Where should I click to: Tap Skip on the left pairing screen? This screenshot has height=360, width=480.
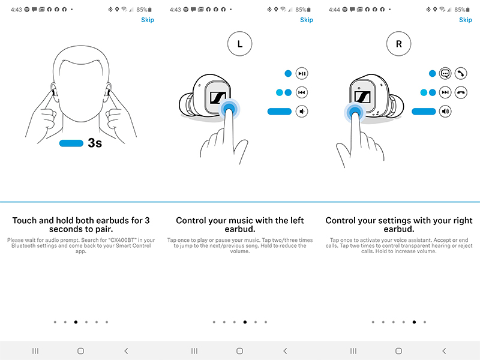(x=147, y=20)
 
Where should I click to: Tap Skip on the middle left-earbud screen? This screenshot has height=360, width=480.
(x=307, y=20)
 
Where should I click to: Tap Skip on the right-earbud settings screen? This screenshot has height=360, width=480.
(x=466, y=20)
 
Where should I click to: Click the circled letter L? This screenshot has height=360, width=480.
(x=240, y=44)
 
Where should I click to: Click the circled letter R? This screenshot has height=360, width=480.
(x=399, y=44)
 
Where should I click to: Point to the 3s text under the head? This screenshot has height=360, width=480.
(x=95, y=143)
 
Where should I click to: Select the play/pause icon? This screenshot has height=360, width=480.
(x=302, y=74)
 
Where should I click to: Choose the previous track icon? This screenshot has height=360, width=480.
(x=302, y=92)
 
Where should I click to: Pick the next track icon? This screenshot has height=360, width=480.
(x=445, y=92)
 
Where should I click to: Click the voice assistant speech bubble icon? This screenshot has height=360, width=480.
(x=445, y=74)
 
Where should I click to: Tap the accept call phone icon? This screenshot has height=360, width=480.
(x=461, y=74)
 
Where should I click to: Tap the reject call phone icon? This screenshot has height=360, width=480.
(x=461, y=92)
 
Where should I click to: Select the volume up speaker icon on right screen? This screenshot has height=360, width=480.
(x=445, y=111)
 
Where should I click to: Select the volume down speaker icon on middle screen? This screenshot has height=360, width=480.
(x=302, y=111)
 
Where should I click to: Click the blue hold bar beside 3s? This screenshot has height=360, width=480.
(x=71, y=143)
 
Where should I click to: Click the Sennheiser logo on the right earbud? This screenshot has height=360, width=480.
(x=362, y=97)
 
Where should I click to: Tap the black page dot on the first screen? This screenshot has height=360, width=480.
(x=76, y=322)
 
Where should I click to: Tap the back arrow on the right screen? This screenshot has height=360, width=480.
(x=444, y=350)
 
